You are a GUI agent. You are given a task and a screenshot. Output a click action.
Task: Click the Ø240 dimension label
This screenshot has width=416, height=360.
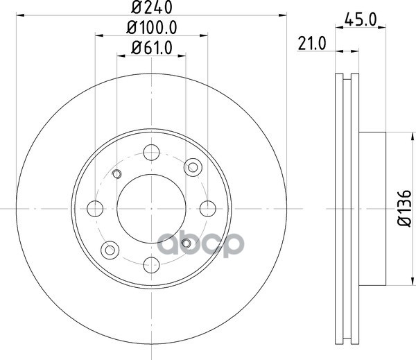[152, 7]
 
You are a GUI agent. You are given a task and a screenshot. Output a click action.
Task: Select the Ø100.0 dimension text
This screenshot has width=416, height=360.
[151, 27]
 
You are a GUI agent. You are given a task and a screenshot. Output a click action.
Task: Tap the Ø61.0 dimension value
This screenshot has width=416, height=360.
[152, 48]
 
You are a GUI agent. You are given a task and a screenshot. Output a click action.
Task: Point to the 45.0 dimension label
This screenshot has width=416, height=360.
[361, 19]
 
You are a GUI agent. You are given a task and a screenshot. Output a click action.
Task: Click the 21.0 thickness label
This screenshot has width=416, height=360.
[312, 44]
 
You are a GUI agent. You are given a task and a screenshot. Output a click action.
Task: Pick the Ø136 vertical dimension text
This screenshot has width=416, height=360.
[405, 208]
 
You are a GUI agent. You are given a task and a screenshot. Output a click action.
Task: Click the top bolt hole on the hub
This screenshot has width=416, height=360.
[151, 153]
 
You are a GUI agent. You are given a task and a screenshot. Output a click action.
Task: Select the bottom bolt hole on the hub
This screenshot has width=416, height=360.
[151, 265]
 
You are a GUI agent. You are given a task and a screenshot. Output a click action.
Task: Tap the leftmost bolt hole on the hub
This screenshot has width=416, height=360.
[95, 209]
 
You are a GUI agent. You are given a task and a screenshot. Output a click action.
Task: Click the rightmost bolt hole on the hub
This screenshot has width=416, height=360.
[208, 209]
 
